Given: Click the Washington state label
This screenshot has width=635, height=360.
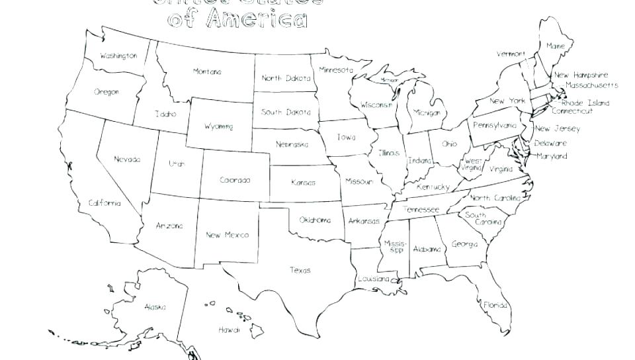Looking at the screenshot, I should tap(118, 56).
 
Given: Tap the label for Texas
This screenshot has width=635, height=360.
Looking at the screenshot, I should tap(300, 270).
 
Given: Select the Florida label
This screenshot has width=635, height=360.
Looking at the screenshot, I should tap(495, 305).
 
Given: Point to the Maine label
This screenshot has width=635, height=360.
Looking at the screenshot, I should tap(555, 46).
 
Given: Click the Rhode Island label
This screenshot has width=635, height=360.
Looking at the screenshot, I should tap(585, 103).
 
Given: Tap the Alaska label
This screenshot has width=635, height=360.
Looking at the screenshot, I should tap(155, 307).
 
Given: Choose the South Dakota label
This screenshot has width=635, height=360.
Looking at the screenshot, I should tap(285, 112).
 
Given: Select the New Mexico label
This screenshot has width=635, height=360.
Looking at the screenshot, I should tap(227, 235).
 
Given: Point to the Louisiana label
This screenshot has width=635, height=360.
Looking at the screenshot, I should tap(374, 279).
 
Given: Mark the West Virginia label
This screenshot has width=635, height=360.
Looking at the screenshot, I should tap(472, 165).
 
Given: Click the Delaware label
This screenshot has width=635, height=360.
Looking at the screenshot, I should tap(550, 143).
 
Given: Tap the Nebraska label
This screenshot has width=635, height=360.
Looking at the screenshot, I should tap(292, 144).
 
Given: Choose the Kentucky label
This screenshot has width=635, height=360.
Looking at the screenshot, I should tap(433, 187).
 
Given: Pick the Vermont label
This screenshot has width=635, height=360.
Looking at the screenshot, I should tap(511, 54).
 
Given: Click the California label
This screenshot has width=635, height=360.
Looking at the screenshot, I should tap(105, 203).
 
